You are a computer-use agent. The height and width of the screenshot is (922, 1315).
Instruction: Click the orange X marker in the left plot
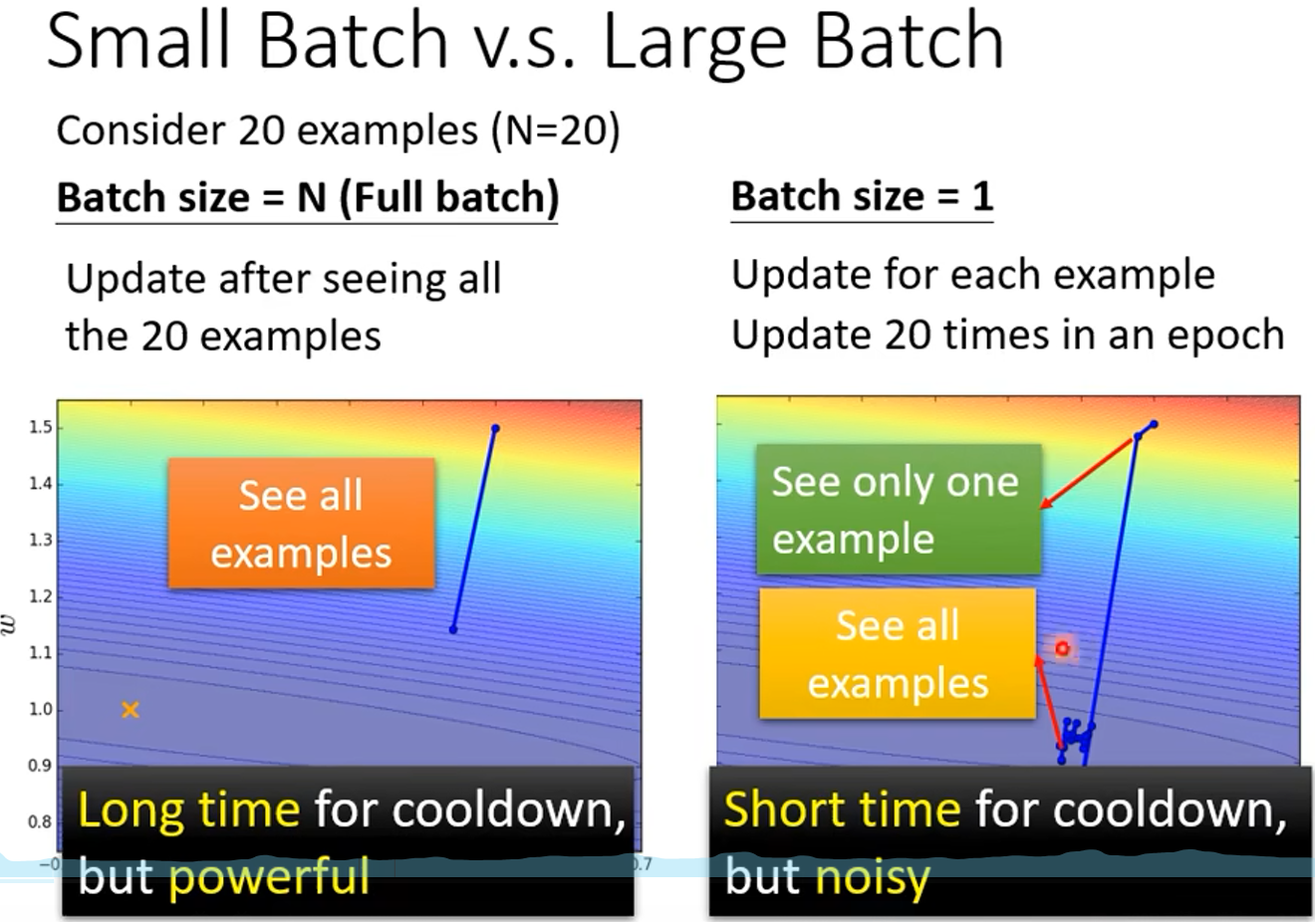(131, 710)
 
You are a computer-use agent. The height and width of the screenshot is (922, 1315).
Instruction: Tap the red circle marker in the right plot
(1062, 648)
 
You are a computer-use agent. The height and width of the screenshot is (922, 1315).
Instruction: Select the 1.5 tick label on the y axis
(41, 427)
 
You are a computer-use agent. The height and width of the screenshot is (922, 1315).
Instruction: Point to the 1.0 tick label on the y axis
(41, 710)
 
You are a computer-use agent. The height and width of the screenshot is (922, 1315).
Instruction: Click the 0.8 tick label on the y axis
(41, 821)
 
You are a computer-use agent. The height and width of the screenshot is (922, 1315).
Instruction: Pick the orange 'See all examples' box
(302, 523)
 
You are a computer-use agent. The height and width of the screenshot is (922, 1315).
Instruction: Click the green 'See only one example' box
(899, 509)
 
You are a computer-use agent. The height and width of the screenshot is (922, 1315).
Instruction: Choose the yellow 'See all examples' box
(898, 653)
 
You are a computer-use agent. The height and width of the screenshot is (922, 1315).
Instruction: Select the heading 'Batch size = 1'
(862, 196)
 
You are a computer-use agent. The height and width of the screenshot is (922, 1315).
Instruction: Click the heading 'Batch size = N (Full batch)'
(308, 198)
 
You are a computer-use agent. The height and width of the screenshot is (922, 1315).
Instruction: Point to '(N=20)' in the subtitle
(555, 130)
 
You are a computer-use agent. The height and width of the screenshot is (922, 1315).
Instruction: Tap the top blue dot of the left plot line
(495, 428)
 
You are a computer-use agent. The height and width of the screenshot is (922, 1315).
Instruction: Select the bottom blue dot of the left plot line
(453, 629)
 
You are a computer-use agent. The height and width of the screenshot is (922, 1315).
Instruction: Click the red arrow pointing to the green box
(1087, 473)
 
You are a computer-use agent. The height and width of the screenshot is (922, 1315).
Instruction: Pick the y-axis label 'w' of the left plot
(8, 624)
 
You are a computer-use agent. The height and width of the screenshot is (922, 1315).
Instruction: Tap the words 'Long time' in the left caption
(188, 809)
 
